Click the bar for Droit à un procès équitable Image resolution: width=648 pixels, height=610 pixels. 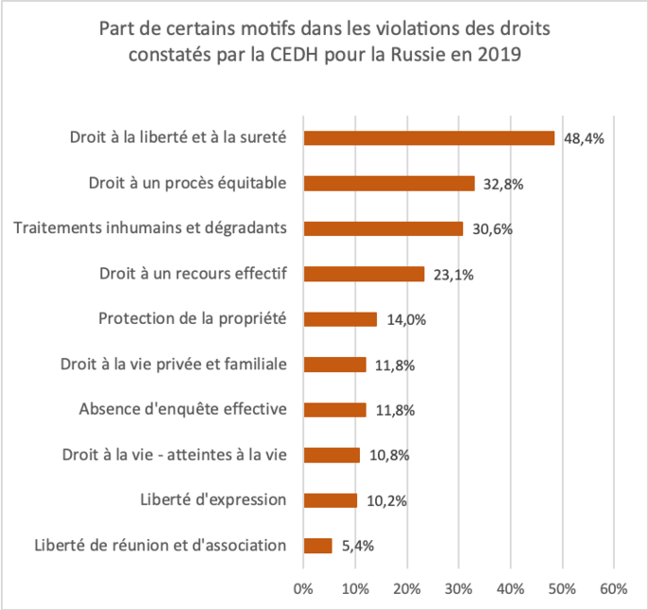coord(388,184)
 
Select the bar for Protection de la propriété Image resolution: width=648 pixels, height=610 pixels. coord(340,319)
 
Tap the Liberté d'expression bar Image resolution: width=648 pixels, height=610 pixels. coord(331,500)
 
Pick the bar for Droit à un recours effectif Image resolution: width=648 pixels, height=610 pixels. coord(364,274)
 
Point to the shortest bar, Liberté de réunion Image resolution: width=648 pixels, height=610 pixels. coord(318,546)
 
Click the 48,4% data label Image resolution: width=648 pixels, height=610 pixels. coord(584,138)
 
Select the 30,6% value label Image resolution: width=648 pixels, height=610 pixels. coord(490,229)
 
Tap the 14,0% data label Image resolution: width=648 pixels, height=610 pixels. coord(405,320)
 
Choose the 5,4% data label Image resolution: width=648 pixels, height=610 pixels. coord(357,547)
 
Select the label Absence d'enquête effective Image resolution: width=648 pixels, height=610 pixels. coord(185,409)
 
